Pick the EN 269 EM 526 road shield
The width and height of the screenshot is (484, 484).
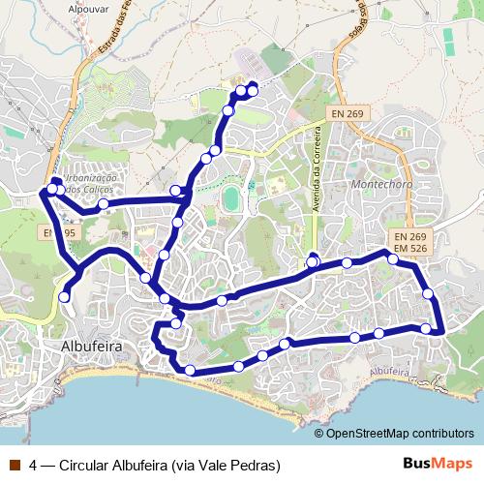(x=410, y=242)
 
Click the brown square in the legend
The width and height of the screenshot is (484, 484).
(x=13, y=464)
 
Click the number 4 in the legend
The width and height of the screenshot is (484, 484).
(x=33, y=464)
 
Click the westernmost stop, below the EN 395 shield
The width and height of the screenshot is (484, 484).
(x=64, y=297)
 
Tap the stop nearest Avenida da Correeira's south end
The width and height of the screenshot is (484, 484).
(x=313, y=262)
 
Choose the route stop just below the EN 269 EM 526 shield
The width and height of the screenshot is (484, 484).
(x=393, y=258)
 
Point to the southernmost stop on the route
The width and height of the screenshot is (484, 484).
(x=190, y=371)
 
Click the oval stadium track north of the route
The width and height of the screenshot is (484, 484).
(x=231, y=199)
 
